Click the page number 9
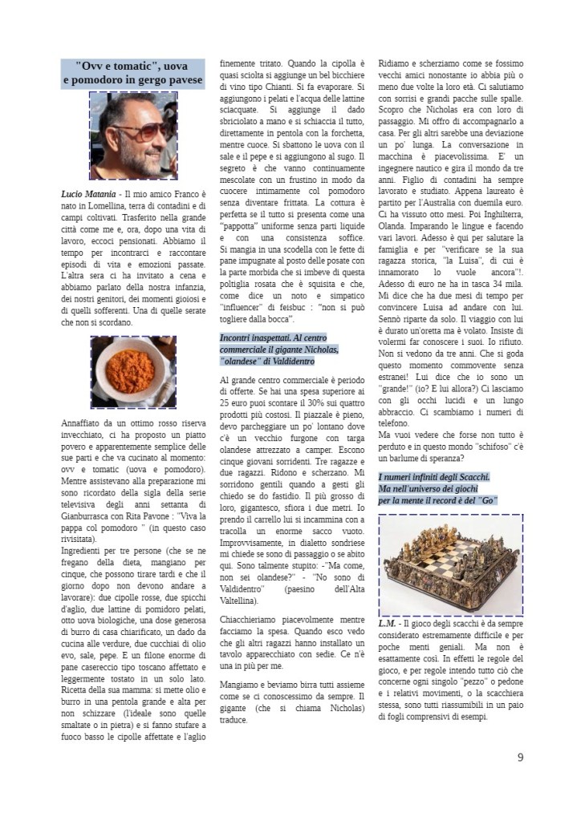pos(520,756)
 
